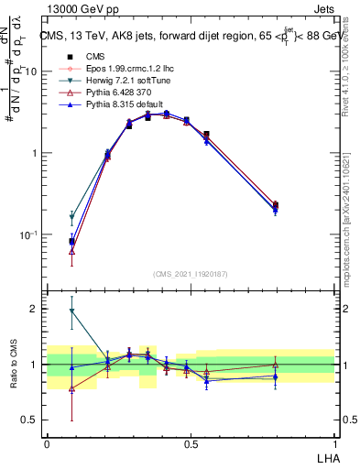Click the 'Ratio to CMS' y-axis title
(x=14, y=365)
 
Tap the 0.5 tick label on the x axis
(x=191, y=443)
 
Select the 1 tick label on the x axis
(x=334, y=443)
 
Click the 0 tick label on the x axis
(x=47, y=443)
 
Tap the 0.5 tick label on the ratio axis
(x=30, y=420)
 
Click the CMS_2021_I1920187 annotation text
(x=191, y=273)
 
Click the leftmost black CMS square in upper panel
(x=71, y=242)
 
